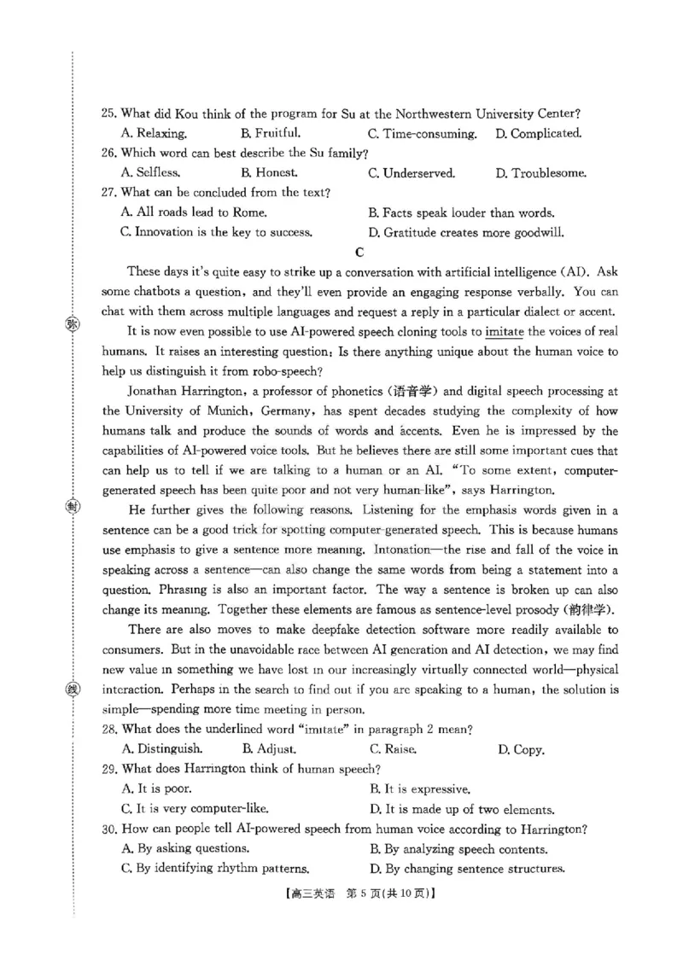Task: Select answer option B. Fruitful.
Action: coord(271,133)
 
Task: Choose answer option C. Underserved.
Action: coord(412,173)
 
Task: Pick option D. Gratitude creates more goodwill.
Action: coord(466,232)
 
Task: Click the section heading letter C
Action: coord(359,252)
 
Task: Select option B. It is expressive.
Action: coord(419,789)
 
